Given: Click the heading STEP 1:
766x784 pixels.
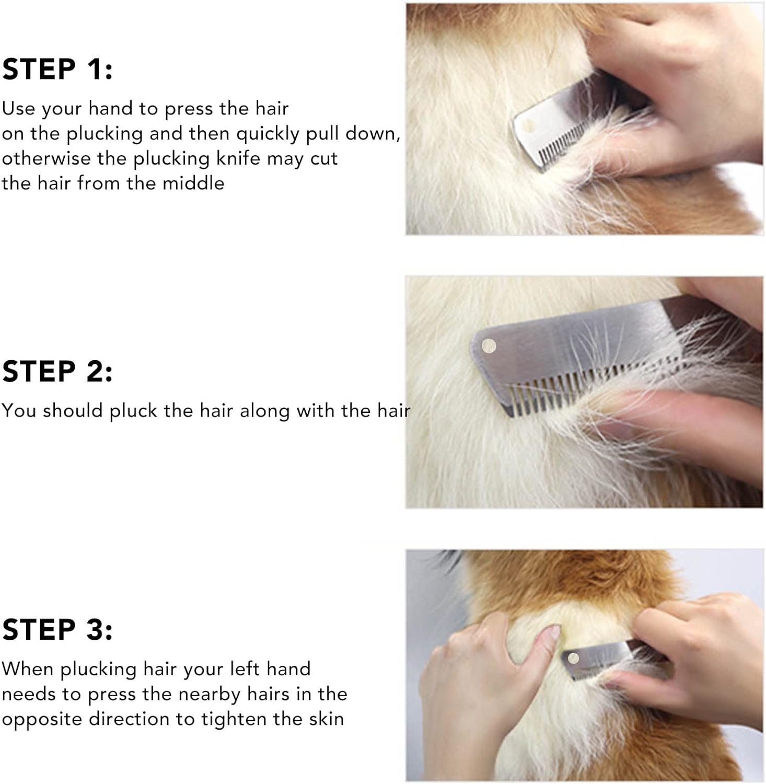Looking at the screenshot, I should tap(57, 70).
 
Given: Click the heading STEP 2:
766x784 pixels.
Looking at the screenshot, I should tap(57, 372).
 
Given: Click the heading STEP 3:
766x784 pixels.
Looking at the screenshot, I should tap(57, 629).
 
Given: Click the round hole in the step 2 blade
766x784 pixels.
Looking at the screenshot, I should tap(489, 345).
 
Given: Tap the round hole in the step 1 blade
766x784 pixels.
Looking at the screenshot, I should tap(528, 126).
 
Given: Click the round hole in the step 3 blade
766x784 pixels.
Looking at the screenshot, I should tap(573, 658).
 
